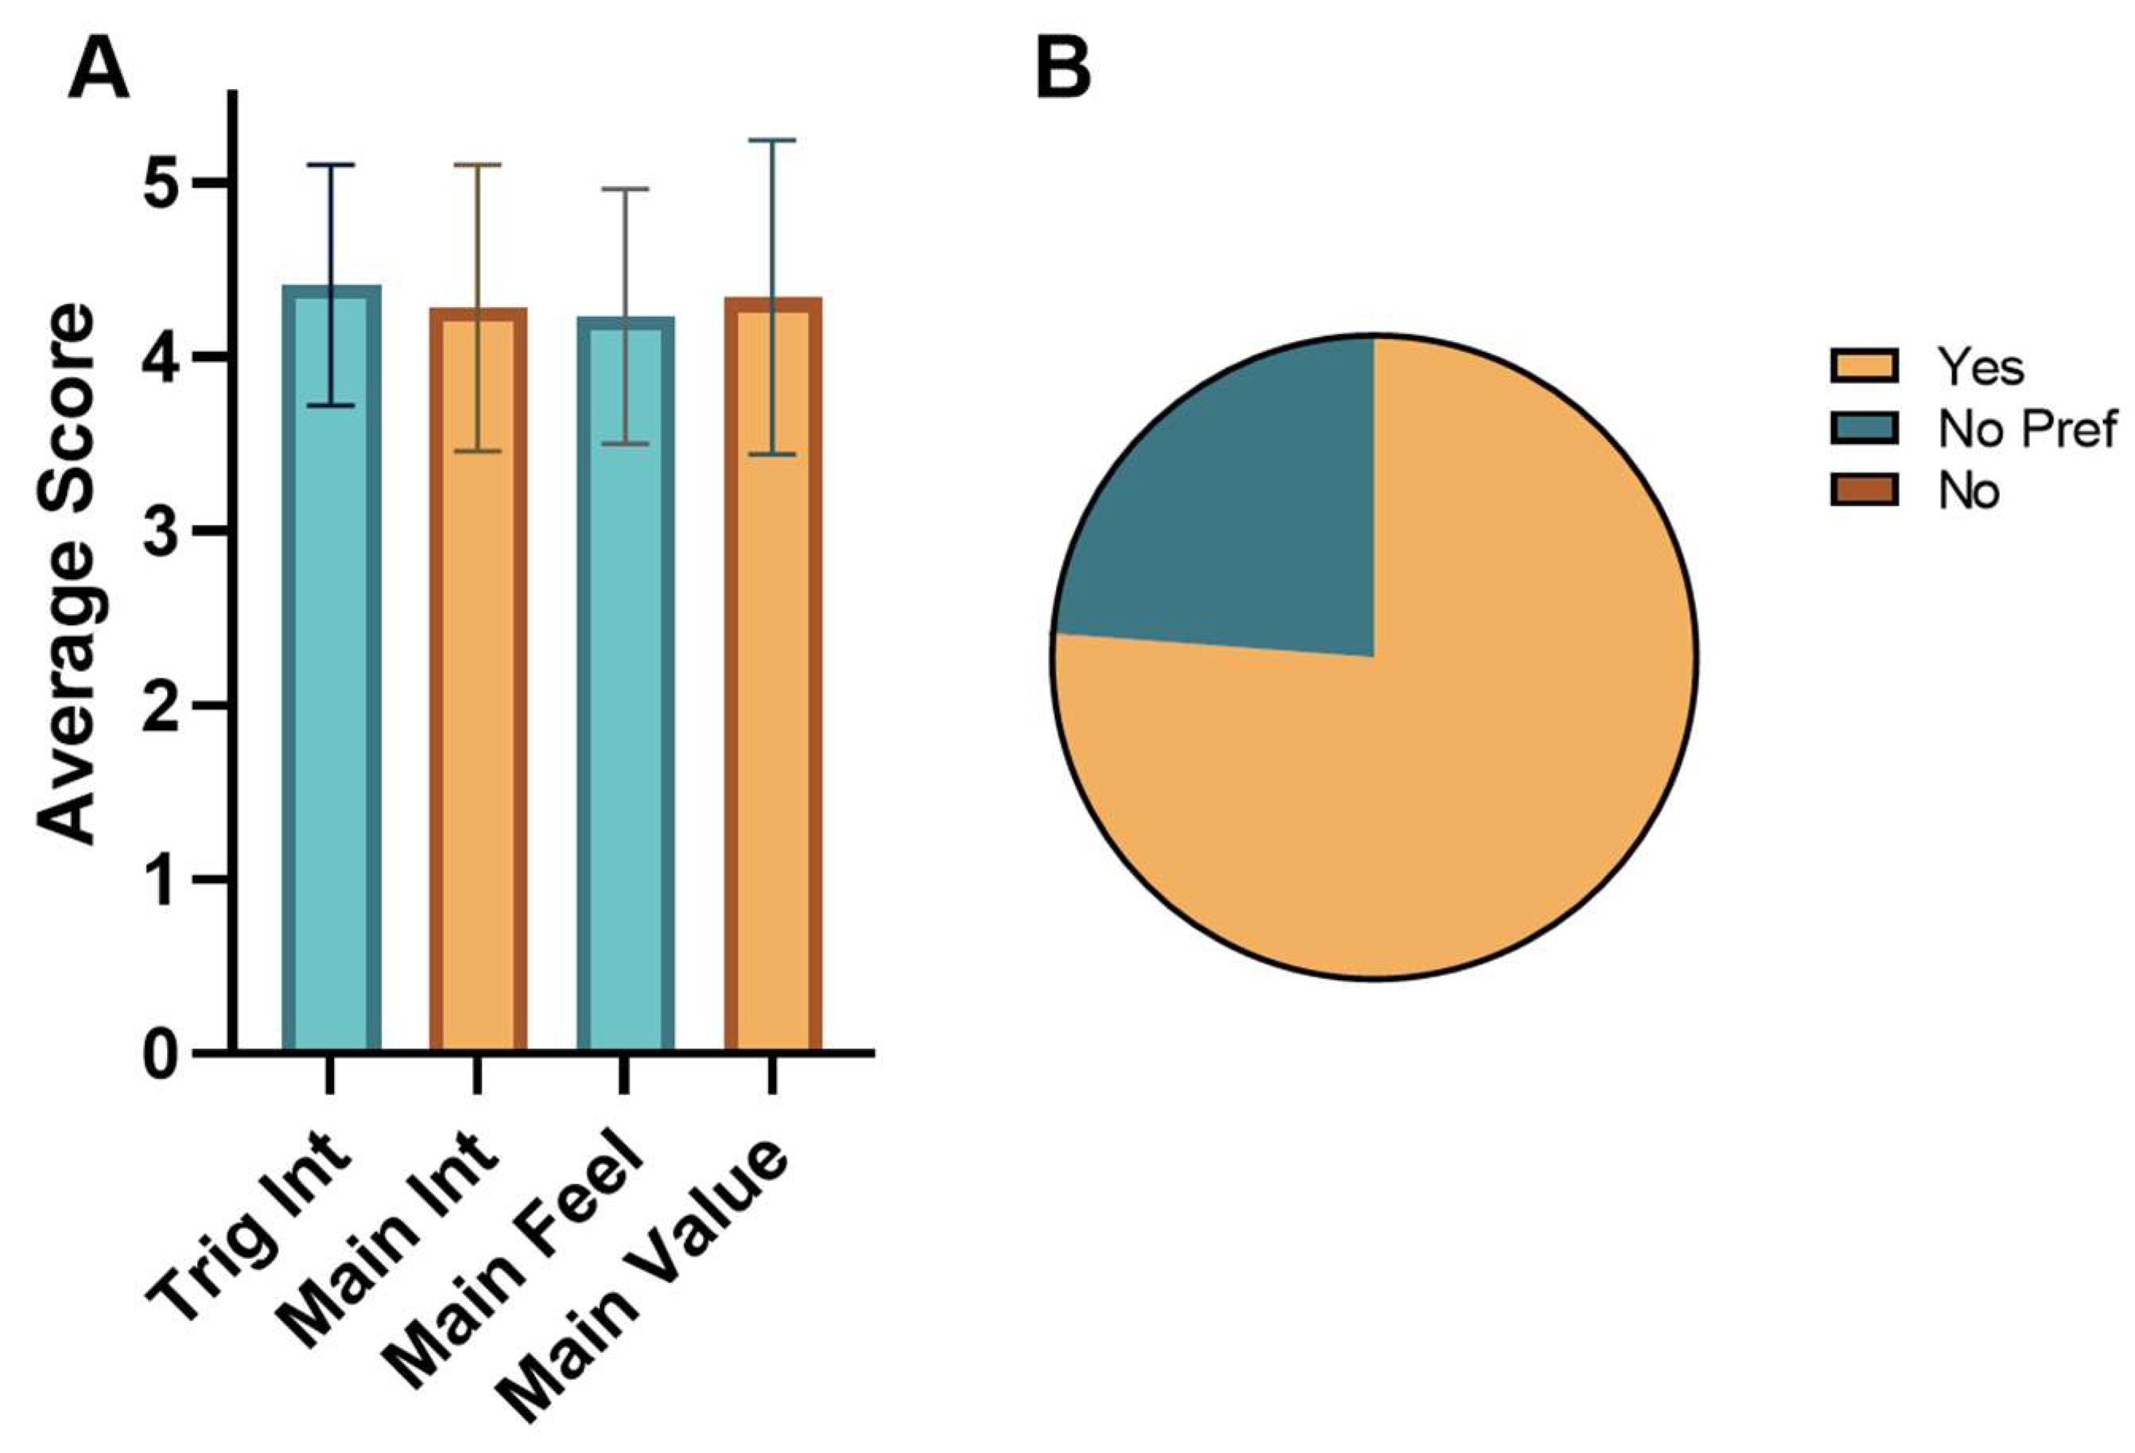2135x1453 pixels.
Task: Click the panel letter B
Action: point(1063,72)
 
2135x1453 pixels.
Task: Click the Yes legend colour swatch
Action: point(1863,366)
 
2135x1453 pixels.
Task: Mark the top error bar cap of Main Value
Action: point(773,141)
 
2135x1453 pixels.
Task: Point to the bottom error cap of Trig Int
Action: point(331,406)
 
